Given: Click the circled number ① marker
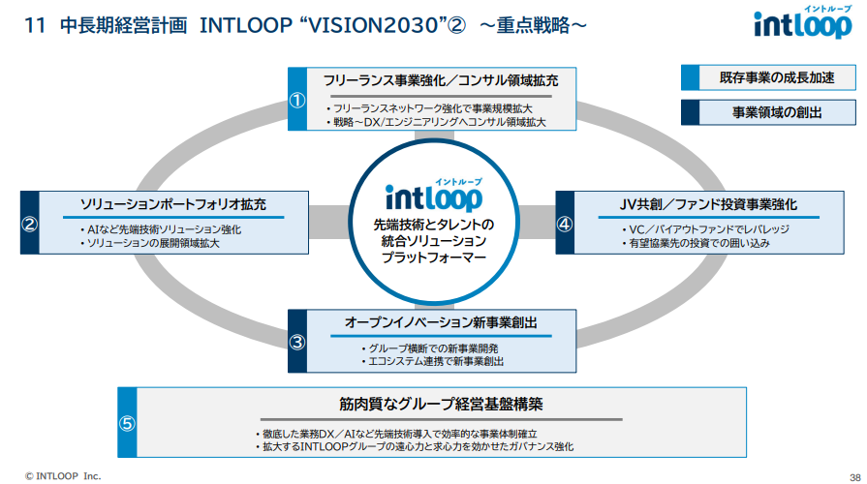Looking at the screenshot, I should [x=298, y=99].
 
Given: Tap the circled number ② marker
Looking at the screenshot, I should [x=30, y=223].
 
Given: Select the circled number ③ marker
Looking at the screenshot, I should [x=298, y=341].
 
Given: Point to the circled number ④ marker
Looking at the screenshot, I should [x=565, y=223].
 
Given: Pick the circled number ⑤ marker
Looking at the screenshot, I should [x=128, y=423].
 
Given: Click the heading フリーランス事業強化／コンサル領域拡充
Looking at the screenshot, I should [x=441, y=80].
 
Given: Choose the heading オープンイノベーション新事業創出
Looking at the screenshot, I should [x=441, y=322].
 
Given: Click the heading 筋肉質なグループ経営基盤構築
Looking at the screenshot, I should [x=441, y=404].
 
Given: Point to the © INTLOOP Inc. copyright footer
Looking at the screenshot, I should [x=63, y=475].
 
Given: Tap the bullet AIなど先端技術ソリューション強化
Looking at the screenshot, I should [x=161, y=229].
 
